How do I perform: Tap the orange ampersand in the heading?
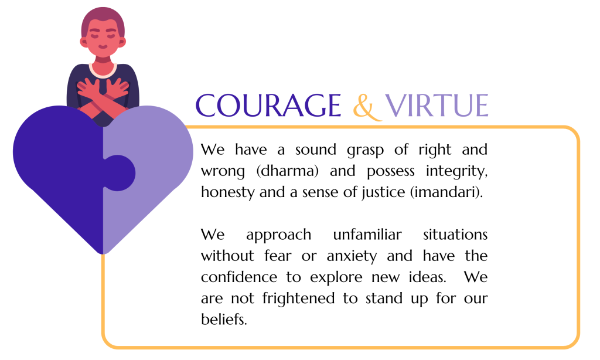click(x=367, y=107)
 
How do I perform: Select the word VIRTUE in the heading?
click(x=437, y=106)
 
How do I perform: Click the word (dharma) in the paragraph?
click(x=287, y=171)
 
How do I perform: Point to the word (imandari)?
click(x=446, y=192)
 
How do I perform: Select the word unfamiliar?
click(x=367, y=235)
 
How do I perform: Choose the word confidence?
click(x=239, y=277)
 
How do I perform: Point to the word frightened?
click(x=298, y=298)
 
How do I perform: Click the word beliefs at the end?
click(x=224, y=320)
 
